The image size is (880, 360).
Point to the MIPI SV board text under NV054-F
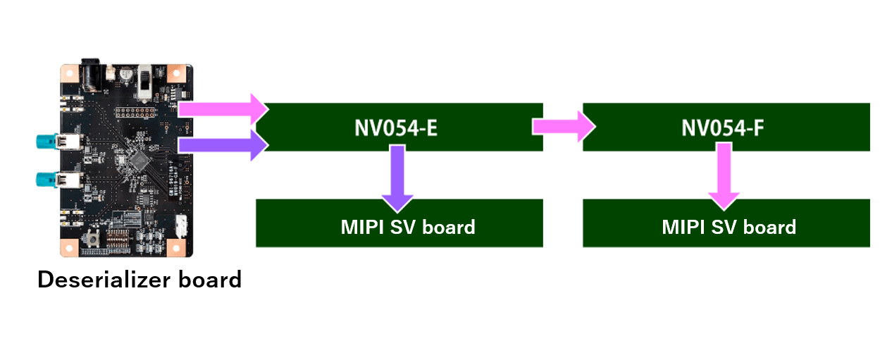click(729, 227)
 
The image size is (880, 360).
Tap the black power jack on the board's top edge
click(91, 72)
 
